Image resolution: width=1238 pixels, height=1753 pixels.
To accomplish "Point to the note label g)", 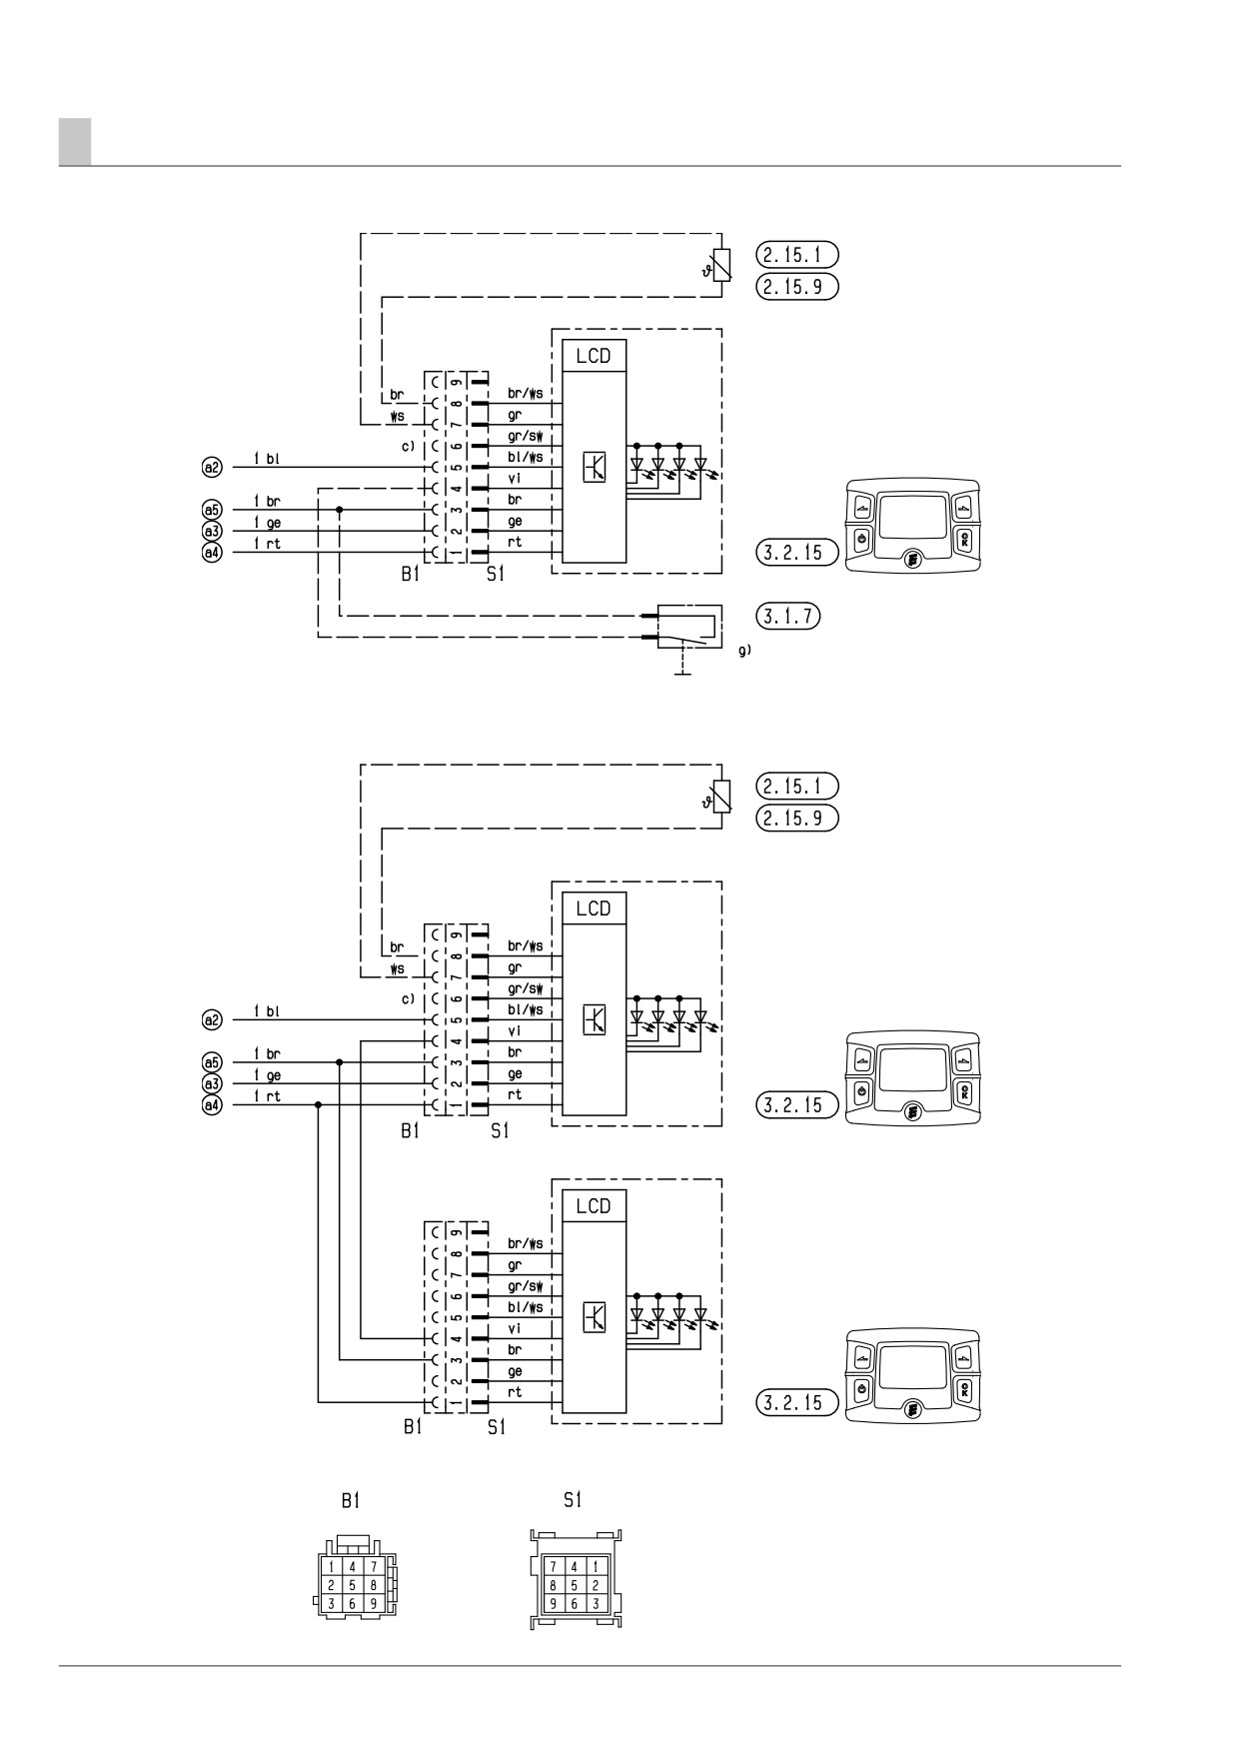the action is (744, 651).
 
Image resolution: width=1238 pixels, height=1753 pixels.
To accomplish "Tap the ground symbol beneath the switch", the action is (683, 673).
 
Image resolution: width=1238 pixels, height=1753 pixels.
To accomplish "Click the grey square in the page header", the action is (75, 141).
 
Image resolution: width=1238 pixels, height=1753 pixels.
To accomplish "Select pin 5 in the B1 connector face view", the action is (354, 1585).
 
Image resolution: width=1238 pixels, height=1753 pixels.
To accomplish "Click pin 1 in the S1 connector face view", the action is (596, 1567).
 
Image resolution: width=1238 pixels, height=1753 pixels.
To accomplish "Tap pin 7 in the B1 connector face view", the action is (373, 1566).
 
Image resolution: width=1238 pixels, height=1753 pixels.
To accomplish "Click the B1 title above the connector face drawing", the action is (350, 1500).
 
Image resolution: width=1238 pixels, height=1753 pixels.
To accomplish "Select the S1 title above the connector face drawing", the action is (573, 1499).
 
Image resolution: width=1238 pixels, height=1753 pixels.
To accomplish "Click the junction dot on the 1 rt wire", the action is (318, 1104).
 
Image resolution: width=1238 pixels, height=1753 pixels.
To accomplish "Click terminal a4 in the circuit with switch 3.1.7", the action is (211, 553).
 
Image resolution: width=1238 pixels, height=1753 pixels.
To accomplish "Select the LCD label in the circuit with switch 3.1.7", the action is (593, 356).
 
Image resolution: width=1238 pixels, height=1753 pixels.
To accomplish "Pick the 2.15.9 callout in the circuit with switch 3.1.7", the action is (796, 287).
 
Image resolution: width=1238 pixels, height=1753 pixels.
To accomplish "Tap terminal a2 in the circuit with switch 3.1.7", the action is (211, 467).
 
